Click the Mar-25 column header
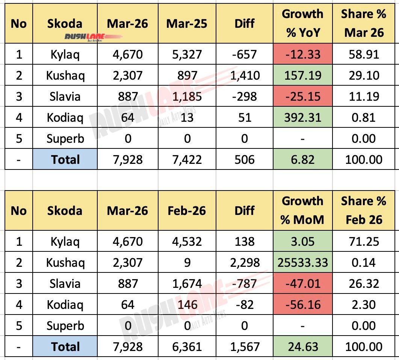[x=187, y=24]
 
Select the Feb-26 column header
[x=187, y=210]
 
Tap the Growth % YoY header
[x=302, y=23]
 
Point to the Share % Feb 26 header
[x=363, y=210]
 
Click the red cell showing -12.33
[x=302, y=54]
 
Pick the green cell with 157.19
[x=302, y=76]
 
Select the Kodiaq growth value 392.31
[x=302, y=118]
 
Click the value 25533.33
[x=302, y=262]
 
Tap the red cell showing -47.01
[x=302, y=283]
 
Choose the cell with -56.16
[x=302, y=304]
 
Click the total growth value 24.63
[x=302, y=346]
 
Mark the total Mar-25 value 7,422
[x=187, y=160]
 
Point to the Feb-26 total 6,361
[x=187, y=346]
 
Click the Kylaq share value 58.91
[x=363, y=54]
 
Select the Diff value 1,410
[x=245, y=76]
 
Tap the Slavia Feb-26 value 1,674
[x=187, y=283]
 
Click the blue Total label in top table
[x=65, y=160]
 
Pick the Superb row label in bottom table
[x=65, y=325]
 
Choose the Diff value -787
[x=245, y=283]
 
